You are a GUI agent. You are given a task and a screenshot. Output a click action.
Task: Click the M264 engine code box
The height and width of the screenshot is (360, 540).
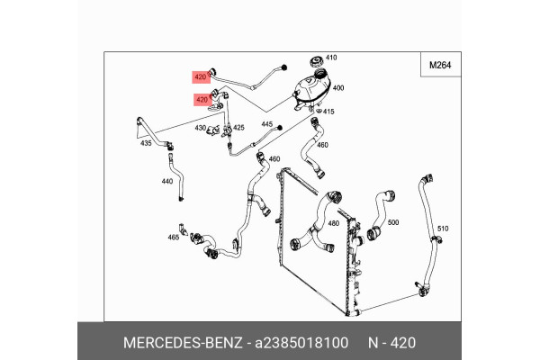(x=439, y=65)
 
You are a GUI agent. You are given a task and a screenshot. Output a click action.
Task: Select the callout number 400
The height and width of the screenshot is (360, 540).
(x=338, y=88)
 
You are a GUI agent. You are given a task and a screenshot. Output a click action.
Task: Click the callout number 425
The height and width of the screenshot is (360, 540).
(x=239, y=128)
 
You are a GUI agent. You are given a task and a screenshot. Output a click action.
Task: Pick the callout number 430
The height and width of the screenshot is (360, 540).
(x=201, y=129)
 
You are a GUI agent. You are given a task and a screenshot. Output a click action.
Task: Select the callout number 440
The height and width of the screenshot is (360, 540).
(x=166, y=181)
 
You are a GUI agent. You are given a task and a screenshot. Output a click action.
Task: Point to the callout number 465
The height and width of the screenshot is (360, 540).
(x=174, y=238)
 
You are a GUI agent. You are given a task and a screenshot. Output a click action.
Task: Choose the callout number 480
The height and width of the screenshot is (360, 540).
(x=333, y=223)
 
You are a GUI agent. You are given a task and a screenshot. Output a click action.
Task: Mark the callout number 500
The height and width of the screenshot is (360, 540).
(x=392, y=221)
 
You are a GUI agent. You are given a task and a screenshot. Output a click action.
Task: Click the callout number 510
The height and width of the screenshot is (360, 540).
(x=442, y=229)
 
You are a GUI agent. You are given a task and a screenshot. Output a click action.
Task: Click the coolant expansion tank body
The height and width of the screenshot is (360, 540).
(x=308, y=91)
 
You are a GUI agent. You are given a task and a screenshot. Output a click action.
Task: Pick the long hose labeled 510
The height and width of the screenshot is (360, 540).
(x=427, y=234)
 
